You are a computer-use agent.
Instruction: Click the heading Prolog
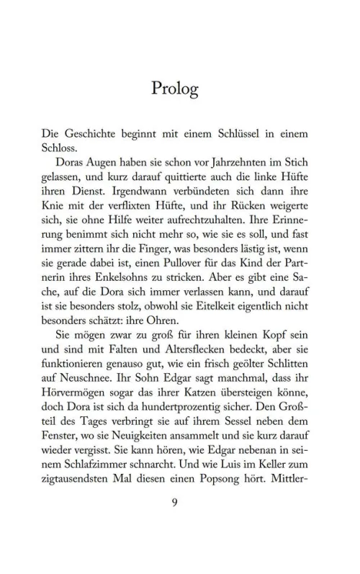click(x=175, y=89)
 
